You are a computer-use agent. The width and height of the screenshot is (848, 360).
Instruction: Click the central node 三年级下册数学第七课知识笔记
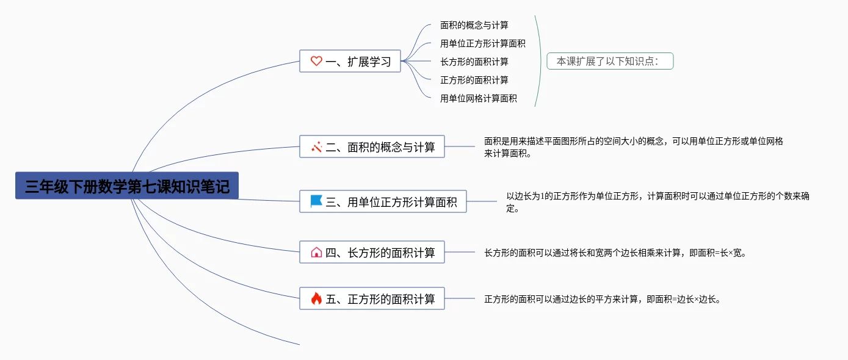coord(127,185)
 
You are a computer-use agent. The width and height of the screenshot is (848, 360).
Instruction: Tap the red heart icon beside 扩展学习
coord(316,61)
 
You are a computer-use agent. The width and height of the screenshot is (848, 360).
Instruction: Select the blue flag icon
coord(316,201)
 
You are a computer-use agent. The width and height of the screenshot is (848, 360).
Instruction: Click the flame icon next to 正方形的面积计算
coord(316,298)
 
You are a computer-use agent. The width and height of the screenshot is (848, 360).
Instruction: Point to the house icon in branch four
coord(316,252)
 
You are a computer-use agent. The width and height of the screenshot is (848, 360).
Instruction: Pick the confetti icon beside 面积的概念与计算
coord(316,147)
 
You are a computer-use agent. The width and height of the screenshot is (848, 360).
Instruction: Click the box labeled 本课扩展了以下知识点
coord(610,61)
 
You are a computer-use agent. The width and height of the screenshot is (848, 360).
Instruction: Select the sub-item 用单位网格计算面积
coord(478,98)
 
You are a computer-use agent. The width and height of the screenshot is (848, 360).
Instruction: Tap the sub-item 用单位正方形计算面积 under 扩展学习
coord(483,43)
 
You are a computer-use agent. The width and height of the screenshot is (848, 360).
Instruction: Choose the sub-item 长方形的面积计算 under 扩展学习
coord(474,62)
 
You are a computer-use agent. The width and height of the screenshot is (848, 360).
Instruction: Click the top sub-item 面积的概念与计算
coord(474,25)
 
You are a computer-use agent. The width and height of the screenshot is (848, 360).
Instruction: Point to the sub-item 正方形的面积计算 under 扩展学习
coord(474,80)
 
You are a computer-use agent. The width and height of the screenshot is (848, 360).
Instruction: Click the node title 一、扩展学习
coord(358,62)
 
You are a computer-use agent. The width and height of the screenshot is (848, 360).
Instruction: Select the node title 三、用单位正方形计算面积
coord(391,202)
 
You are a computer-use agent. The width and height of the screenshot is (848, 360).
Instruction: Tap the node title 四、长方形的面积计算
coord(380,253)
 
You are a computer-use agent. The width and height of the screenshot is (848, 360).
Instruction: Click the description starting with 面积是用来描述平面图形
coord(633,147)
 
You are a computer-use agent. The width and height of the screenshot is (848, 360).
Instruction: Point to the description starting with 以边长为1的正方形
coord(658,202)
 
